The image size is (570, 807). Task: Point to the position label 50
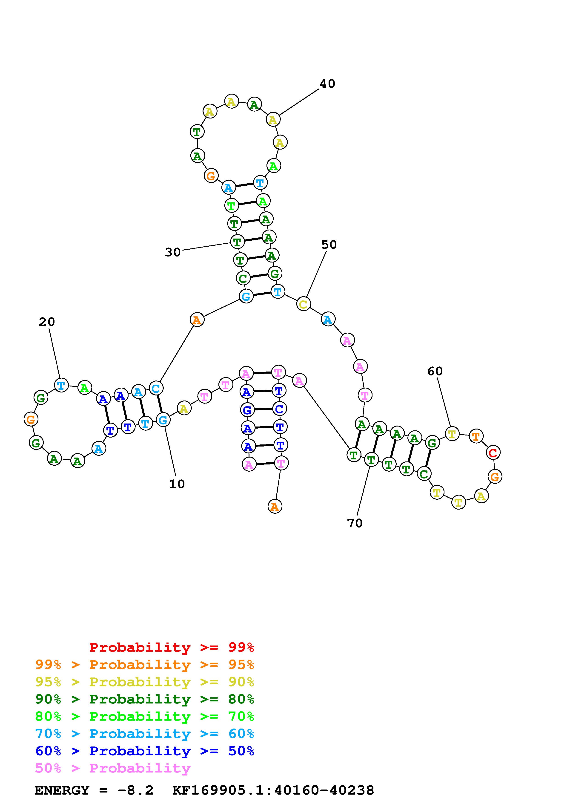point(329,245)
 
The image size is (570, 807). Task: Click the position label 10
point(177,484)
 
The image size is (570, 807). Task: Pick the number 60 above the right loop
point(435,371)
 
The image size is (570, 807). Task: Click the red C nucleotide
point(493,453)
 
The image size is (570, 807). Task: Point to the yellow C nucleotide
point(303,304)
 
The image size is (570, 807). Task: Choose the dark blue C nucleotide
point(279,409)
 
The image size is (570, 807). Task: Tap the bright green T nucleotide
point(231,205)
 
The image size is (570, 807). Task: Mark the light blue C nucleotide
point(156,388)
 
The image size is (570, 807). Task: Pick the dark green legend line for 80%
point(144,699)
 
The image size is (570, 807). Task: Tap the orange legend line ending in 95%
point(144,665)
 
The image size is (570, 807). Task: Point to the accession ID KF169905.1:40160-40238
point(273,790)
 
